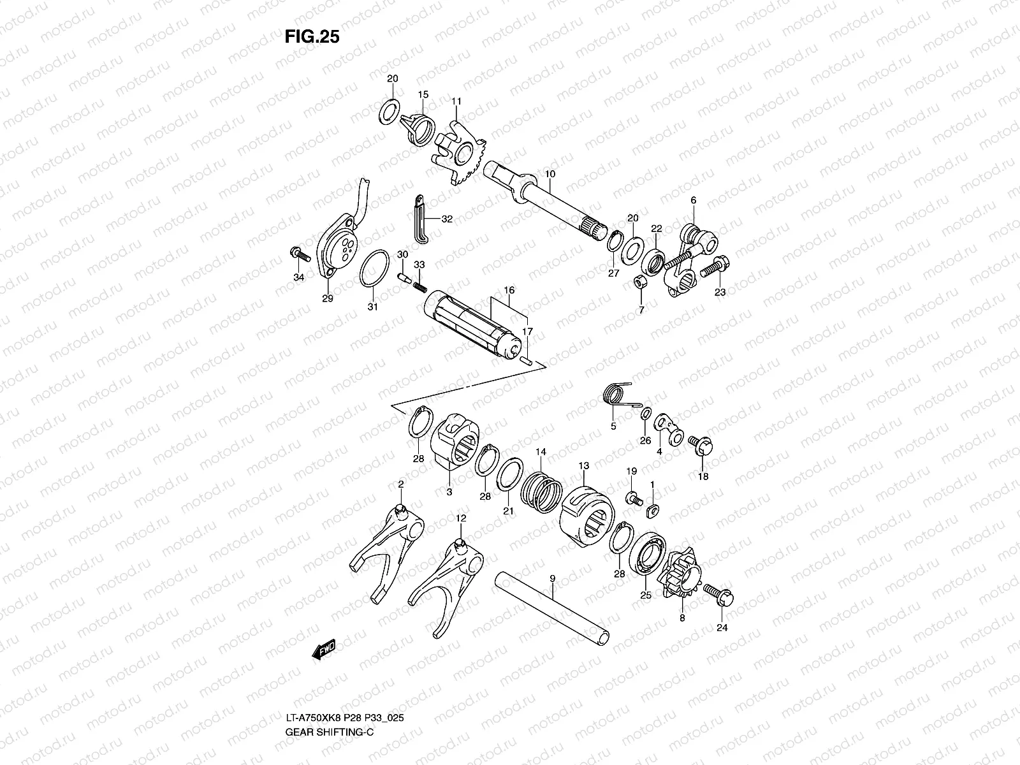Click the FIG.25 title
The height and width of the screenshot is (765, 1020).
[312, 37]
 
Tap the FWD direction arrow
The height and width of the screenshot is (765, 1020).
[324, 650]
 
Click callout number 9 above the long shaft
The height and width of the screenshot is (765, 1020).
[552, 578]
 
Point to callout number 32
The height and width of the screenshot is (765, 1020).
[446, 219]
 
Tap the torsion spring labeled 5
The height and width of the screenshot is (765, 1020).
[615, 397]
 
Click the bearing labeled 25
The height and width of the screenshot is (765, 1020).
[648, 555]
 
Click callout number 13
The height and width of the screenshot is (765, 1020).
[583, 466]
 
